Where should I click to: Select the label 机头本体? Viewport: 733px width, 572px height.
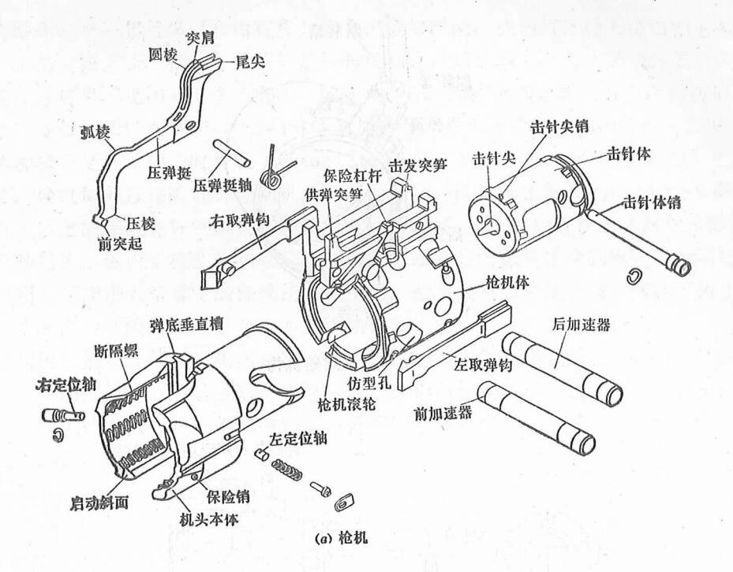(210, 520)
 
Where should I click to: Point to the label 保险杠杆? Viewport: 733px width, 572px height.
(350, 176)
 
